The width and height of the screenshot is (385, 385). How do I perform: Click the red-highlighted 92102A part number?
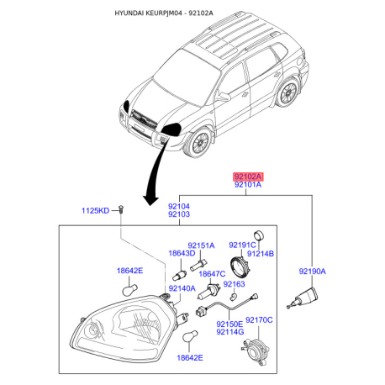coord(248,177)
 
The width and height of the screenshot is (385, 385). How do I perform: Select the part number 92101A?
coord(248,185)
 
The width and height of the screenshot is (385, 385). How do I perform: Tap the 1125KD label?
coord(95,211)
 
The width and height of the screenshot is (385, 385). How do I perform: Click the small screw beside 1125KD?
coord(121,209)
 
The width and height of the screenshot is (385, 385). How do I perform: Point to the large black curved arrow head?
coord(150,199)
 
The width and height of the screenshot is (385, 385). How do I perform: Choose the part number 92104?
coord(179,207)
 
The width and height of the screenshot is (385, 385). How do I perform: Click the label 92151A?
coord(201,245)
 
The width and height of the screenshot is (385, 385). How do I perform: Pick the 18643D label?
coord(182,253)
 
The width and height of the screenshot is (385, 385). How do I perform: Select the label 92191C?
coord(242,245)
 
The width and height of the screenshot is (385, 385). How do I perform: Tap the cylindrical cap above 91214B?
coord(259,235)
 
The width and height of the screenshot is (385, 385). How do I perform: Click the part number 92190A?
coord(313,272)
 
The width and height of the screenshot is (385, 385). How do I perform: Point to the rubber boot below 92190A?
coord(304,298)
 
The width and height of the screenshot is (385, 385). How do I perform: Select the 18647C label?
coord(212,274)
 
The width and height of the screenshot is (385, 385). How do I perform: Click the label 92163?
coord(234,284)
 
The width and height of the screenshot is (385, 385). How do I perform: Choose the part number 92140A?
coord(182,288)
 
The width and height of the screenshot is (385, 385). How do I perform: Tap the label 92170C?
coord(259,320)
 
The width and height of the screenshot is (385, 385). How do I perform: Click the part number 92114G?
coord(230,332)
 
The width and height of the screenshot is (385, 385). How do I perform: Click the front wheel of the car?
coord(199,143)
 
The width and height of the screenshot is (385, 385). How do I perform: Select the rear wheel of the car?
coord(287,92)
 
